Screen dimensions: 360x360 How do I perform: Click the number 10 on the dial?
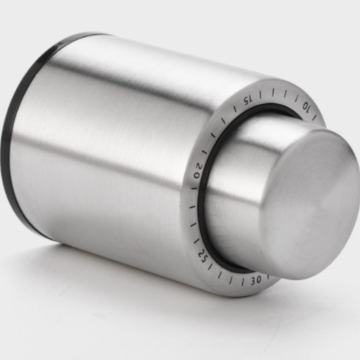[x=306, y=106]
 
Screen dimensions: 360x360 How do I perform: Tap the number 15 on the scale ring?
[x=248, y=100]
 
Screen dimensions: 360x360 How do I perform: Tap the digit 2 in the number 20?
[x=197, y=167]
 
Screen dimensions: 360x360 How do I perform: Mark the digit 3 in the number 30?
[x=258, y=280]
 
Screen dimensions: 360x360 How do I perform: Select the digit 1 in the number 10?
[x=309, y=108]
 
